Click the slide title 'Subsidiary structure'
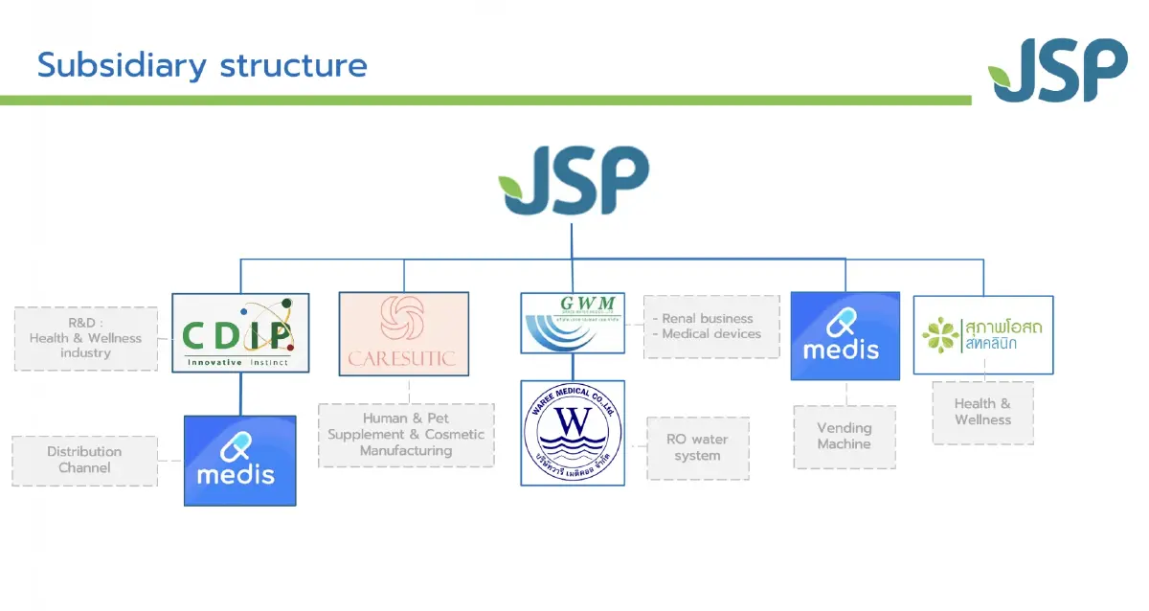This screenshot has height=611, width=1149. coord(202,65)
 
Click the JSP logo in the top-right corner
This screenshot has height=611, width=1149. coord(1058,70)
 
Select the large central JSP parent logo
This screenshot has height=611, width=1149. coord(574,182)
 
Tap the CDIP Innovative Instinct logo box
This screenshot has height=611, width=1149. coord(240,332)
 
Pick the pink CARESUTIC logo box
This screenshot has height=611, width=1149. coord(403,333)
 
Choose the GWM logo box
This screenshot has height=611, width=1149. coord(573,323)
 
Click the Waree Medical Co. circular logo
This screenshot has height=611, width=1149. coord(573,432)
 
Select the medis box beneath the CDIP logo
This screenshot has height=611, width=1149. coord(239,460)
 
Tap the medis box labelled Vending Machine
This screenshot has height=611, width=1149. coord(845,335)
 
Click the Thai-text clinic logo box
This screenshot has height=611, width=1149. coord(983,334)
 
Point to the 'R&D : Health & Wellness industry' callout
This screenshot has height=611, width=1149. coord(85,338)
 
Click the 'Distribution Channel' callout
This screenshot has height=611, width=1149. coord(84,460)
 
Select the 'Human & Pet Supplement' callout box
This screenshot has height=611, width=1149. coord(406,435)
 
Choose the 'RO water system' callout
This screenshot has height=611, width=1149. coord(697,447)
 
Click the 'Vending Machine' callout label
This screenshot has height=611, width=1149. coord(845,437)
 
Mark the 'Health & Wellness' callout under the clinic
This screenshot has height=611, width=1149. coord(982,412)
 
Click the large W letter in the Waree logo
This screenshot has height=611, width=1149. coord(572,422)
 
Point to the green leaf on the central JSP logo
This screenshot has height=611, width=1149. coord(512,184)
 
